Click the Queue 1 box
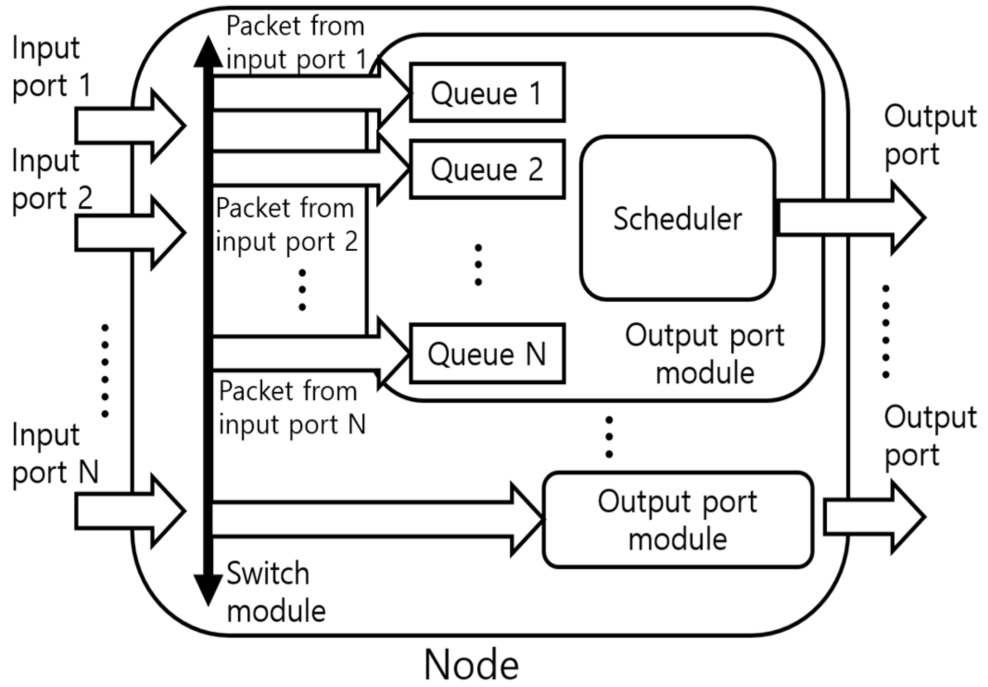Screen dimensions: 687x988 (487, 93)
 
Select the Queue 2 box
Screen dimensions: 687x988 (487, 169)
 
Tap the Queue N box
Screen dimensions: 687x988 (487, 354)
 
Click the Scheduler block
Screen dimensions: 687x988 (678, 218)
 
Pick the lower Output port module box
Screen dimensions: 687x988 (678, 520)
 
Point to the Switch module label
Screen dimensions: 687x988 (276, 593)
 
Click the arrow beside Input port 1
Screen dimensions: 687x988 (130, 126)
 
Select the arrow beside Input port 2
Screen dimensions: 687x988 (130, 233)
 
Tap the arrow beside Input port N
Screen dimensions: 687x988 (130, 511)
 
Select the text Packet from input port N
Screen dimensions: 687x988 (292, 407)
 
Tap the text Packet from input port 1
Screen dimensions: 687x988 (297, 43)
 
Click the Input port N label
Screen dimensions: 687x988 (55, 453)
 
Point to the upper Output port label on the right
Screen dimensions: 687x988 (929, 135)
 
